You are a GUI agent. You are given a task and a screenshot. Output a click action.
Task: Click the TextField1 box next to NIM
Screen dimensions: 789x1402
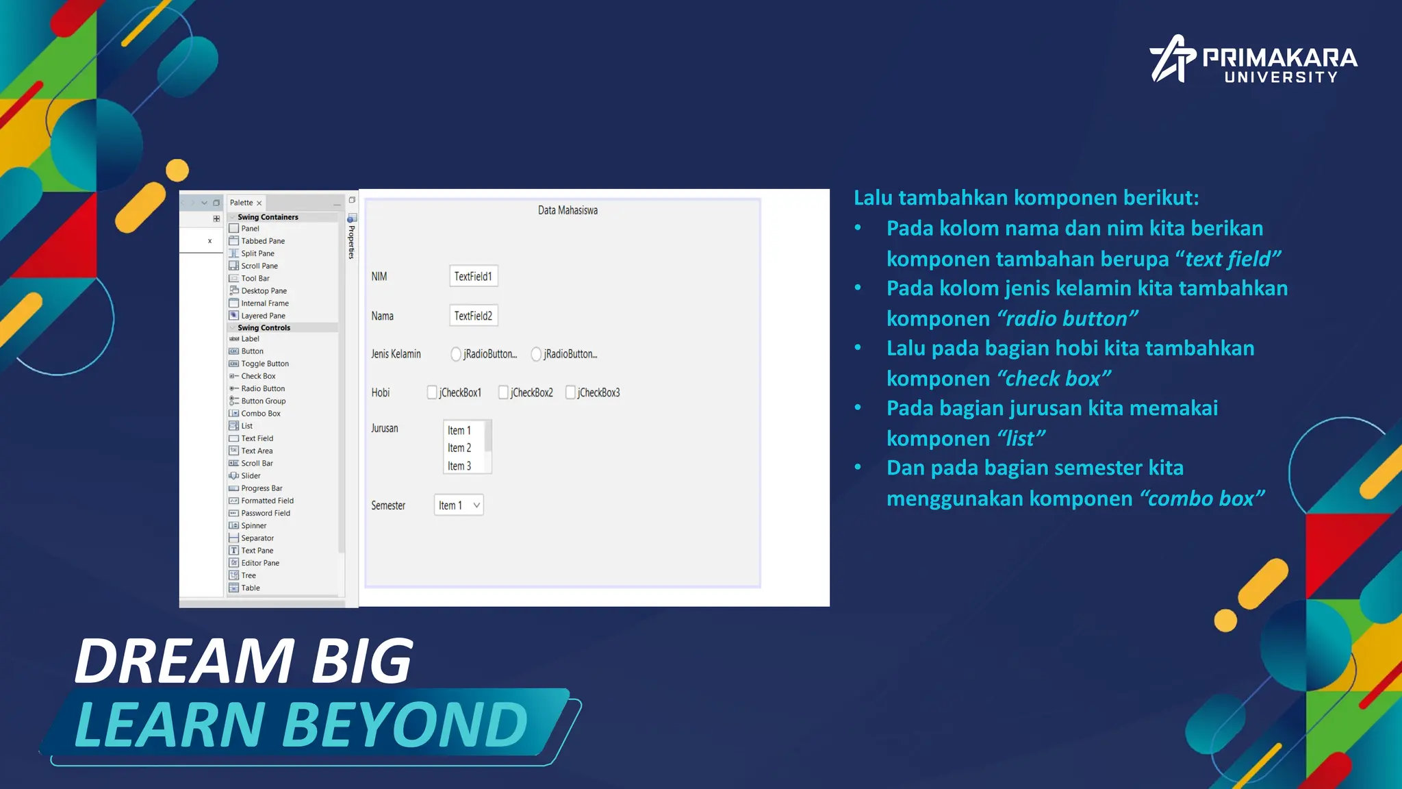coord(473,276)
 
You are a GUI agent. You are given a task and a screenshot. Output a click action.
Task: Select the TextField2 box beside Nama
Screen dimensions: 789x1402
coord(473,316)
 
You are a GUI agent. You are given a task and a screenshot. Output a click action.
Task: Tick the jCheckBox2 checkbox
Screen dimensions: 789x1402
coord(503,392)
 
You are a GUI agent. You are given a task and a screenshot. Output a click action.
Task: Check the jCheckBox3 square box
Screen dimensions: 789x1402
coord(570,392)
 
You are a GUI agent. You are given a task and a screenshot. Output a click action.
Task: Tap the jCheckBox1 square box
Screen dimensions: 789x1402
coord(432,392)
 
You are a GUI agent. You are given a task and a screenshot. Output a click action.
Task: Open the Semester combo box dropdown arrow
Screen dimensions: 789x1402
coord(476,505)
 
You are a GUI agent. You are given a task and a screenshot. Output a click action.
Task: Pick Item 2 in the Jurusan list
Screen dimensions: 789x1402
coord(459,448)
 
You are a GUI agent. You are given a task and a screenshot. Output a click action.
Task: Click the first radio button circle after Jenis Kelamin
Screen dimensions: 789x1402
coord(456,354)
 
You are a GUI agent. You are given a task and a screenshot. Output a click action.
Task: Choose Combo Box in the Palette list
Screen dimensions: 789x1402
coord(260,414)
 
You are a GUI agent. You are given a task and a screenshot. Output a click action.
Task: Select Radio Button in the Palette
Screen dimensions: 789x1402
coord(262,388)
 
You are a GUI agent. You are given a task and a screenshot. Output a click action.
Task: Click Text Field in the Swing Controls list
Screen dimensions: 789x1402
coord(257,438)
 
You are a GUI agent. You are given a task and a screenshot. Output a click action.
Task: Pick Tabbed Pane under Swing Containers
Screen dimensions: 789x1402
coord(262,241)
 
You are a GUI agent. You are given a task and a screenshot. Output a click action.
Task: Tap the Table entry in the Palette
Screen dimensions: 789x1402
coord(250,588)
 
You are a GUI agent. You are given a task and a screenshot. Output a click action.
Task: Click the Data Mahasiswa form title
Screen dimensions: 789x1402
coord(568,210)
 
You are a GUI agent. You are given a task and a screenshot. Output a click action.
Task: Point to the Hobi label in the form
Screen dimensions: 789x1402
coord(381,392)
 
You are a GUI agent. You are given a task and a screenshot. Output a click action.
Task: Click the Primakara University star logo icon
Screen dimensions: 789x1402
coord(1172,60)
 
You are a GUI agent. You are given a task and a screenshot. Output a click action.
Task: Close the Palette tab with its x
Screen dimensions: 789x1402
coord(259,203)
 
